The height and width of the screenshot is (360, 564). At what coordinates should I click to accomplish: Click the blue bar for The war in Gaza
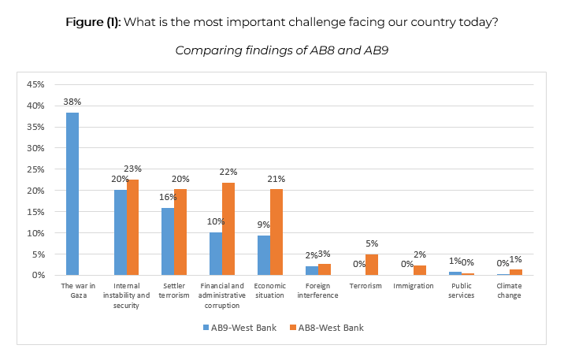point(72,194)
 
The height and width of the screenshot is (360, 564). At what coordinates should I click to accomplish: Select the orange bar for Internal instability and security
point(133,227)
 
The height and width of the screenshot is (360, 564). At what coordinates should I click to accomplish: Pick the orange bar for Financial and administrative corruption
point(228,228)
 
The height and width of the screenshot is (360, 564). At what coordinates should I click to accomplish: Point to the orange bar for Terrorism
point(373,265)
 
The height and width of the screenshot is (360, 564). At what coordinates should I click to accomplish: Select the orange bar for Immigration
point(421,270)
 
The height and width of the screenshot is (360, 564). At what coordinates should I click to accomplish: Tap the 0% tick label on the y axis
point(37,276)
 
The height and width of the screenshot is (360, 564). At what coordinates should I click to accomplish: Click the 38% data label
point(72,102)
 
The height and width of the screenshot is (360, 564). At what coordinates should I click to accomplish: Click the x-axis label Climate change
point(510,291)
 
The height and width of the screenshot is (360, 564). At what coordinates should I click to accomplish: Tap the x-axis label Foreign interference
point(318,291)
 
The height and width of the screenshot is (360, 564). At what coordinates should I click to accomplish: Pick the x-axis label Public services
point(462,291)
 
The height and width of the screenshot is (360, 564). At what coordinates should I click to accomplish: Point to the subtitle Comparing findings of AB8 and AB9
point(282,50)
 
